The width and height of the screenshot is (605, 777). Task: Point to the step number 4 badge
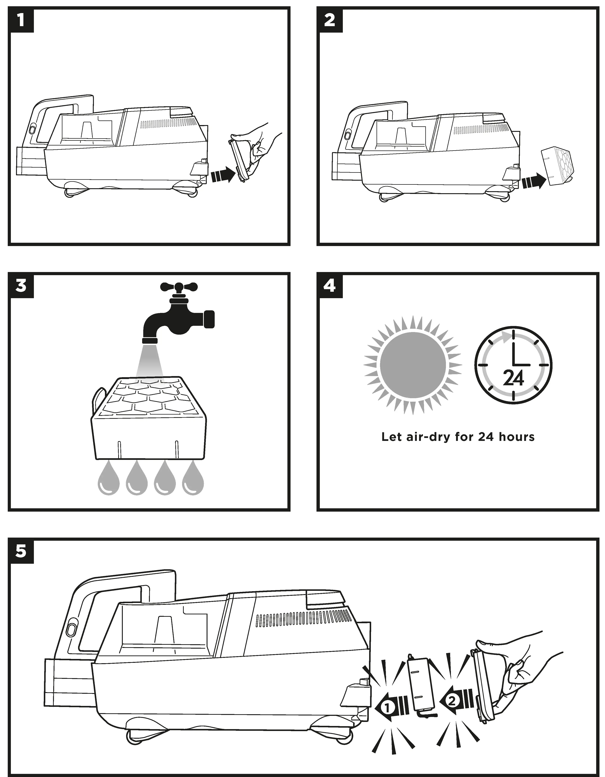pyautogui.click(x=330, y=286)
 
